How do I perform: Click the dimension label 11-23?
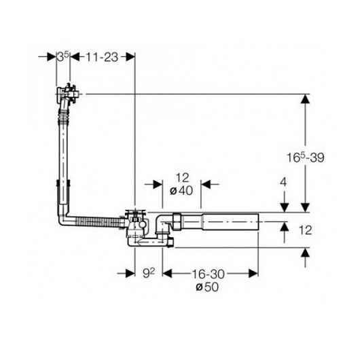(x=102, y=57)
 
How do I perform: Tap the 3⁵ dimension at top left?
(x=63, y=56)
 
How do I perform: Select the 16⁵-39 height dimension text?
(x=306, y=158)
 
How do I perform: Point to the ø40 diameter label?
(x=181, y=191)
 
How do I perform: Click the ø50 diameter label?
(x=207, y=287)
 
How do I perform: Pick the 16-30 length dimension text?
(x=208, y=274)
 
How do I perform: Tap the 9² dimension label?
(x=149, y=273)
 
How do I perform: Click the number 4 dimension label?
(x=283, y=183)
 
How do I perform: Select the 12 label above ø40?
(x=182, y=178)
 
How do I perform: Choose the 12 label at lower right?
(x=306, y=230)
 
